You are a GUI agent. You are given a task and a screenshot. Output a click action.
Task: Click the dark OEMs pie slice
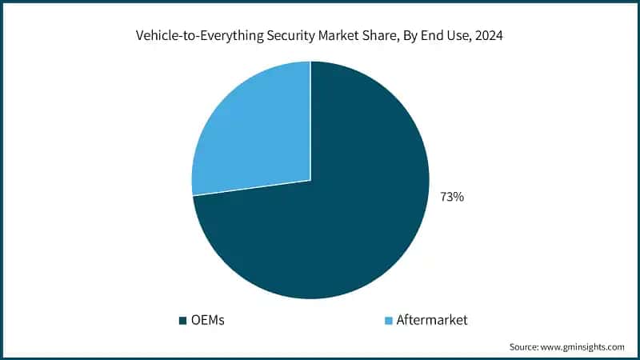tap(336, 232)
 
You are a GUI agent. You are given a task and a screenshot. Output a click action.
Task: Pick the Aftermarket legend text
tap(431, 320)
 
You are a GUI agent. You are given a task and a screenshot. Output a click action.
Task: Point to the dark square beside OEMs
tap(182, 321)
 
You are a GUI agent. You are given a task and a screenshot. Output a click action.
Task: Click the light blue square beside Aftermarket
tap(390, 321)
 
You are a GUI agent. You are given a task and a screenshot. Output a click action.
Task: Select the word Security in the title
tap(285, 36)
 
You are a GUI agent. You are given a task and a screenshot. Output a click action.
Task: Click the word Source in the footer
tap(526, 347)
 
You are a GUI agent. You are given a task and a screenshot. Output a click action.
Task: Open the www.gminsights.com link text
tap(585, 347)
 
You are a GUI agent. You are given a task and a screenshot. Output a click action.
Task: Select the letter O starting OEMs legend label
tap(194, 320)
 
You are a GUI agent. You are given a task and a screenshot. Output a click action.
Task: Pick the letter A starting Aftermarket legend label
tap(401, 320)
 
